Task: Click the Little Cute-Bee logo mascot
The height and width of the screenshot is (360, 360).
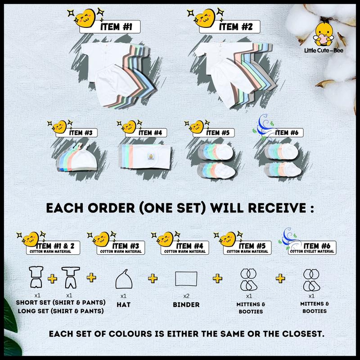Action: pyautogui.click(x=323, y=34)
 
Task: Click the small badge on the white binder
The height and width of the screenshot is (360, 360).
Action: pyautogui.click(x=151, y=157)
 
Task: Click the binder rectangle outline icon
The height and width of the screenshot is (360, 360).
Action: pyautogui.click(x=186, y=279)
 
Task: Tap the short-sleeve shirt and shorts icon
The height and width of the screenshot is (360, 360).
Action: pyautogui.click(x=36, y=277)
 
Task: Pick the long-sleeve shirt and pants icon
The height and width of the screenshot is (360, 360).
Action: pyautogui.click(x=71, y=277)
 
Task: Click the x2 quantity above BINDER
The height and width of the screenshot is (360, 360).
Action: pyautogui.click(x=186, y=296)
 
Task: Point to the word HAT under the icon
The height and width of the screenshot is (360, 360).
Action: pyautogui.click(x=123, y=305)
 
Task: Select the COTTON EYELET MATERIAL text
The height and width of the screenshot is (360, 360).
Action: pyautogui.click(x=312, y=252)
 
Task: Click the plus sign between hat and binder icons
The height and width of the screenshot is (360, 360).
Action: pyautogui.click(x=153, y=279)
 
